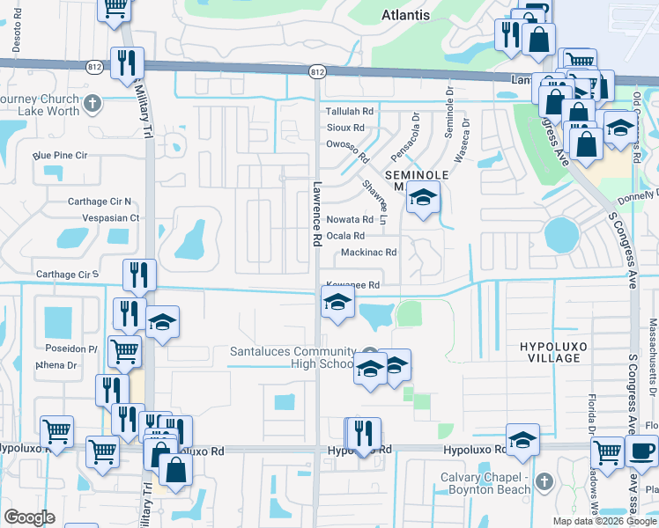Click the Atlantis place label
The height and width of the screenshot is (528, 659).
point(406,15)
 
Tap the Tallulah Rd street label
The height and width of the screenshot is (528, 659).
point(350,112)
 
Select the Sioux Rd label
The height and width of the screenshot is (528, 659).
point(345,128)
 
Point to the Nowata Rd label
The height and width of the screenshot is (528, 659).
point(350,219)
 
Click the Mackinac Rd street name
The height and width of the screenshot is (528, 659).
point(368,252)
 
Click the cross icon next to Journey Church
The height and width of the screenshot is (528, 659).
point(93,106)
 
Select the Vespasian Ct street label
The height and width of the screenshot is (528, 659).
point(110,217)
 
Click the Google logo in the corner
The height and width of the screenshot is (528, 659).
point(29,517)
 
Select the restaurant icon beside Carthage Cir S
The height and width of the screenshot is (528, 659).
point(140,275)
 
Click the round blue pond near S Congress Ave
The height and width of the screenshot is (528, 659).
point(561,235)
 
